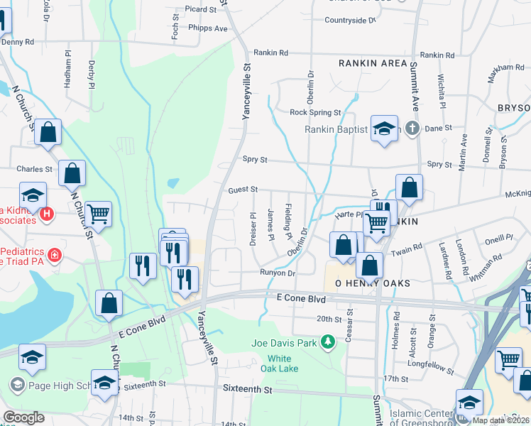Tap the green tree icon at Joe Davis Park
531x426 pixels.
coord(327,344)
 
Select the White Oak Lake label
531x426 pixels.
coord(283,363)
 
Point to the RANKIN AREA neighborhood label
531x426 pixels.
coord(373,63)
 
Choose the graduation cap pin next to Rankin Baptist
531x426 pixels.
coord(384,129)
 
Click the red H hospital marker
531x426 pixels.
coord(47,213)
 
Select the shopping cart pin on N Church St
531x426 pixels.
coord(98,214)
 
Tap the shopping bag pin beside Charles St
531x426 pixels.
coord(72,173)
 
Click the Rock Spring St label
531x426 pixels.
coord(315,112)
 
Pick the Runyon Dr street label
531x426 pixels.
coord(277,273)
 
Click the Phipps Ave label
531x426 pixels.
coord(208,28)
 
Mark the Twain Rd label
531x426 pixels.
coord(408,251)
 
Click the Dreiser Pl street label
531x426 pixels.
coord(253,229)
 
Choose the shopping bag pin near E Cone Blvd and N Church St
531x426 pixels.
coord(108,302)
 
